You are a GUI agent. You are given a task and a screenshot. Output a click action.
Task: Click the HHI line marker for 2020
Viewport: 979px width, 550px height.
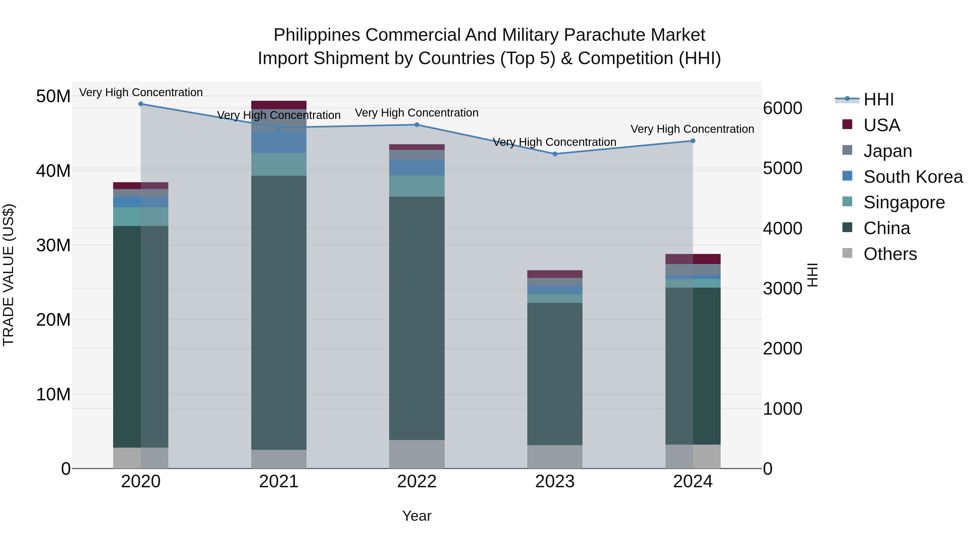[x=141, y=104]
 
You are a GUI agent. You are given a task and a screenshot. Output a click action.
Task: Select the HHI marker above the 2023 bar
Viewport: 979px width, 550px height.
[x=554, y=154]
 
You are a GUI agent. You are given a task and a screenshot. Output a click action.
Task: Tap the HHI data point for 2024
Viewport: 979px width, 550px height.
[x=692, y=141]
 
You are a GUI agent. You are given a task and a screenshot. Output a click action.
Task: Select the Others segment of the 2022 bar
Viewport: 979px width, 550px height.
[x=417, y=454]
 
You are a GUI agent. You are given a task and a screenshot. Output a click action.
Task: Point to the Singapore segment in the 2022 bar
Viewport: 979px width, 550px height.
[x=417, y=186]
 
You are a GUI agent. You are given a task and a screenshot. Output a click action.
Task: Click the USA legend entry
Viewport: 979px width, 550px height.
[x=881, y=125]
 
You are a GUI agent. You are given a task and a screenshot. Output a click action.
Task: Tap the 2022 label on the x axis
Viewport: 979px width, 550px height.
[x=417, y=482]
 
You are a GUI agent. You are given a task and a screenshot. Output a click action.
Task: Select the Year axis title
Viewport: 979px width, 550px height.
[x=417, y=516]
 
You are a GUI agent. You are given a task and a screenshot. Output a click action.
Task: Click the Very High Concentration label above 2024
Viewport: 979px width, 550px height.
[x=692, y=129]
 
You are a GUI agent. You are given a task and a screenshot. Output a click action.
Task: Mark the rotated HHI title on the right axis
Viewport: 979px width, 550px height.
[x=812, y=275]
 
